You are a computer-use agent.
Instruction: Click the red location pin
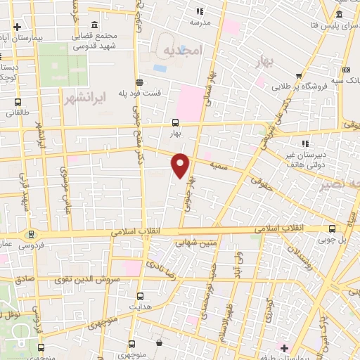click(x=181, y=165)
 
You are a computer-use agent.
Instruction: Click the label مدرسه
click(x=200, y=22)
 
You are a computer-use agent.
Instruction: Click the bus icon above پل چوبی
click(x=333, y=228)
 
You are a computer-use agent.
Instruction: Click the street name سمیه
click(x=217, y=163)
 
